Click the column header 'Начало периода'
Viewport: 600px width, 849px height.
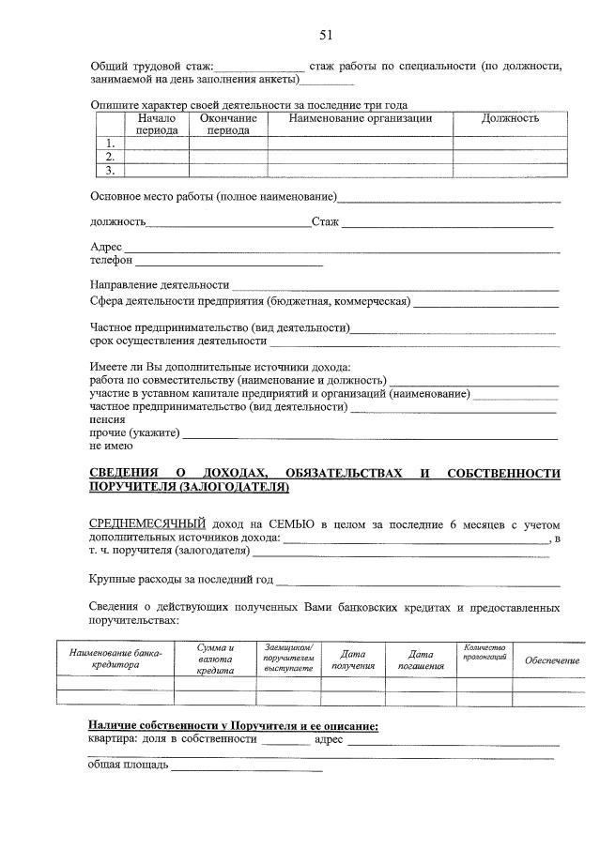tap(156, 125)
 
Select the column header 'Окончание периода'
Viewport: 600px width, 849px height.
tap(228, 125)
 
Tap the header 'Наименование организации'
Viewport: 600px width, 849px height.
tap(360, 119)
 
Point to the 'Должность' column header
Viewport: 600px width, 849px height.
tap(510, 119)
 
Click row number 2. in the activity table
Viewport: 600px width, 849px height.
tap(111, 158)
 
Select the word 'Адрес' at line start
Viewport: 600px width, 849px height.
tap(105, 247)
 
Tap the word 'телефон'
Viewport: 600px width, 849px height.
tap(111, 261)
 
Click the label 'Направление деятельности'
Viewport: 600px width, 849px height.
tap(160, 285)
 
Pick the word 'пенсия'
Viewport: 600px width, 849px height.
tap(107, 421)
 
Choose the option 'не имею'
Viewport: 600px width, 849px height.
tap(111, 447)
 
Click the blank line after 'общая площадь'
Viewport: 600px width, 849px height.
tap(246, 769)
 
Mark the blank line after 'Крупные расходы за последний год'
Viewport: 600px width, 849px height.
tap(418, 584)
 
